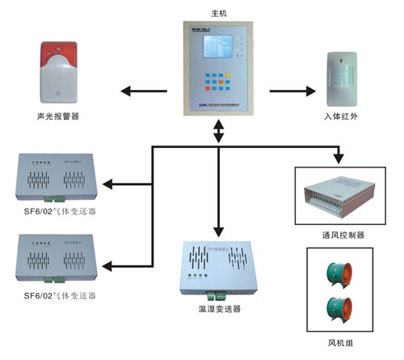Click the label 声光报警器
(x=61, y=116)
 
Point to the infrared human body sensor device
(x=342, y=78)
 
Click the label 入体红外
(x=343, y=116)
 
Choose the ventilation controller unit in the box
(x=342, y=197)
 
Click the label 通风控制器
(x=343, y=235)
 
